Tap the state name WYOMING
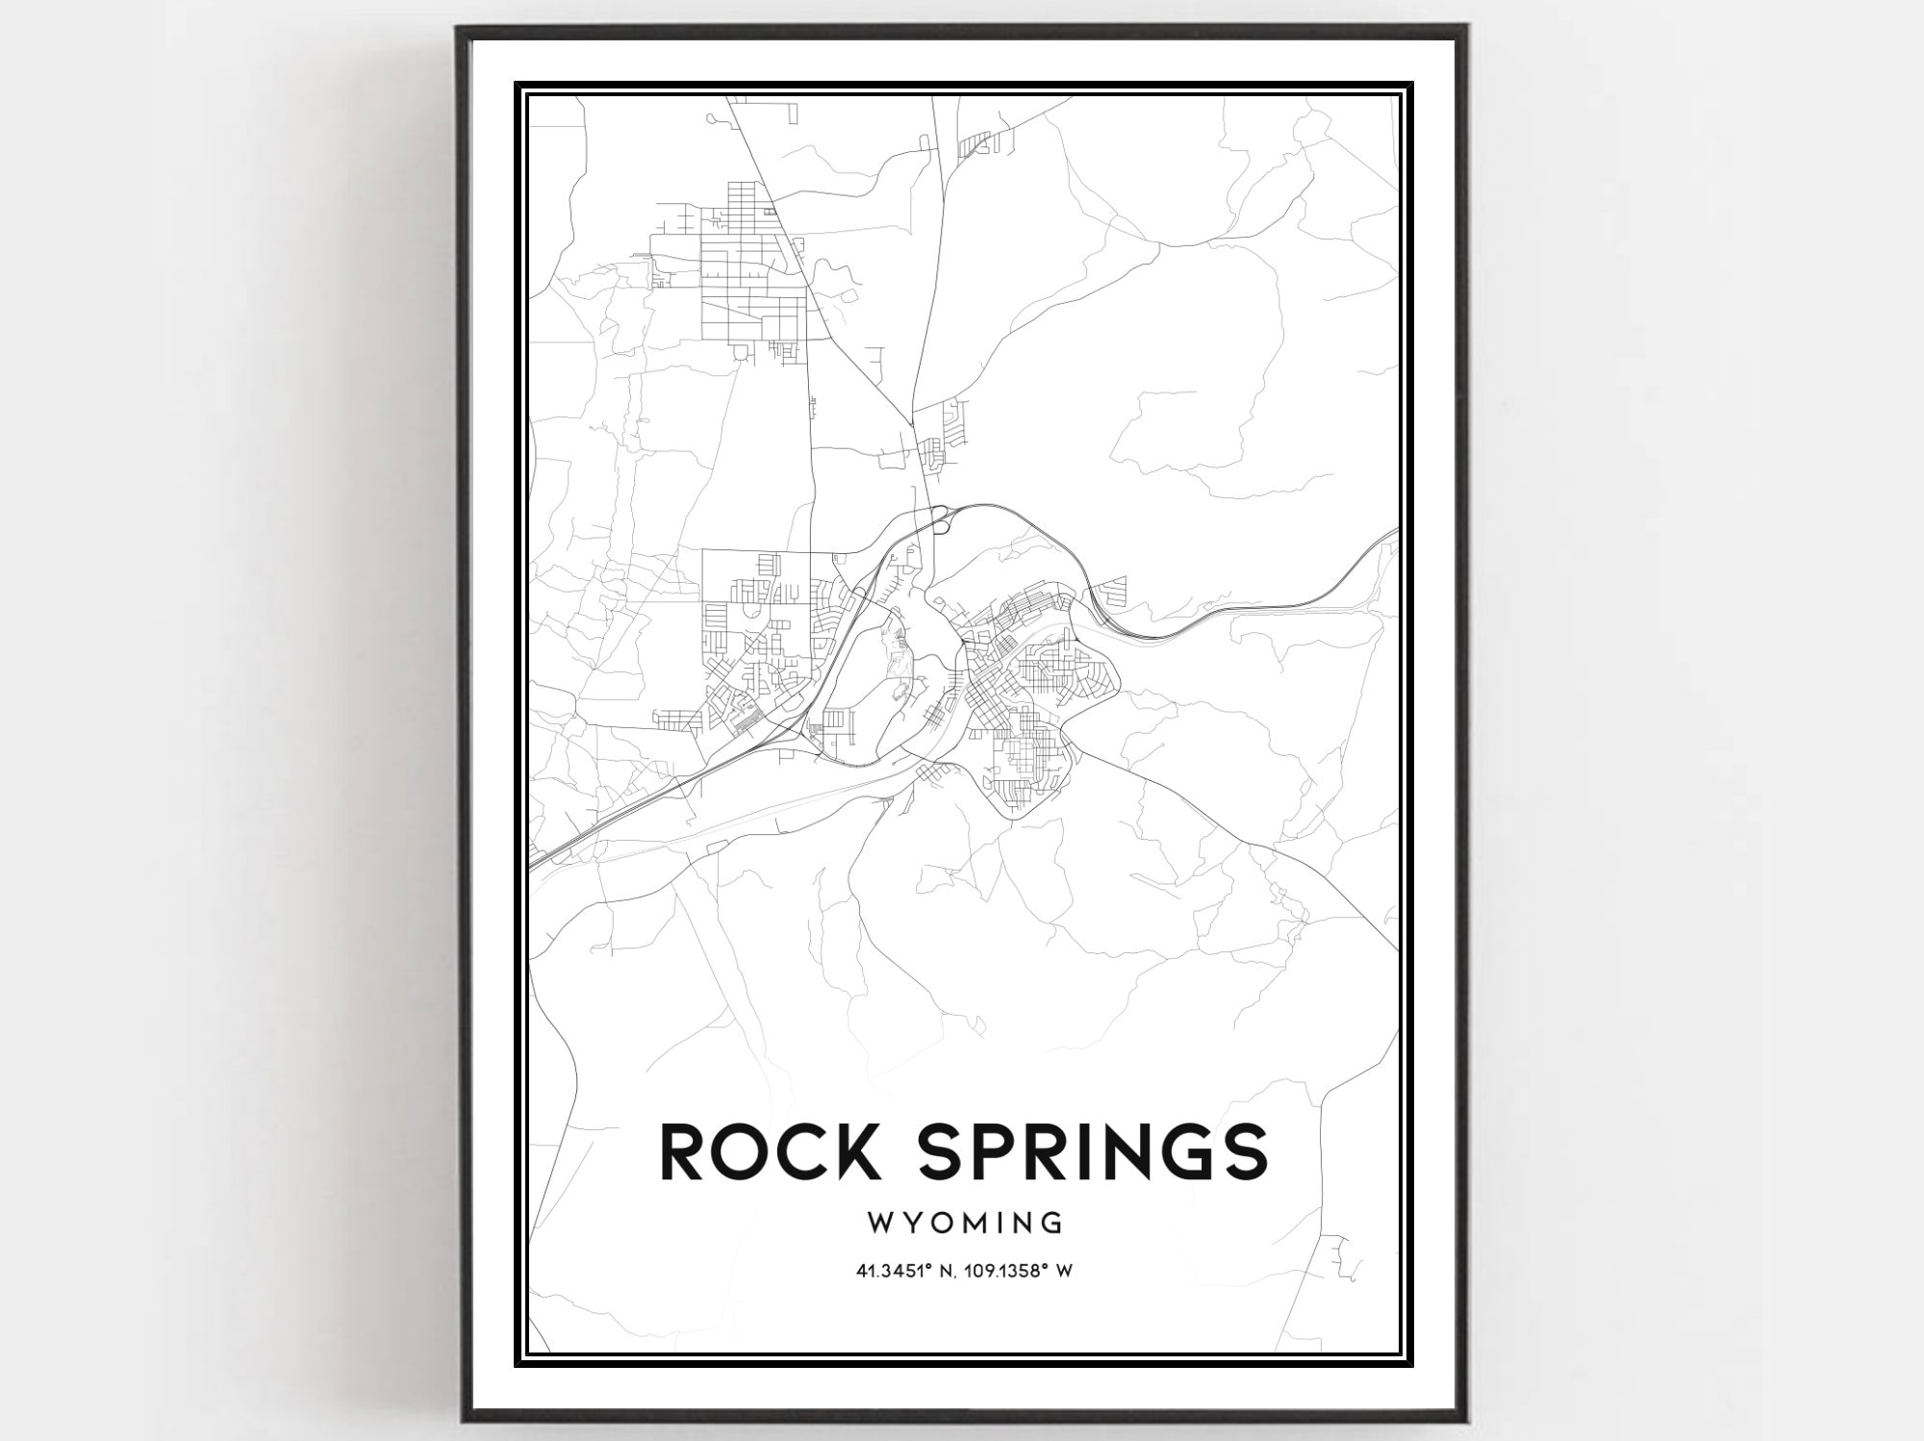965,1224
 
